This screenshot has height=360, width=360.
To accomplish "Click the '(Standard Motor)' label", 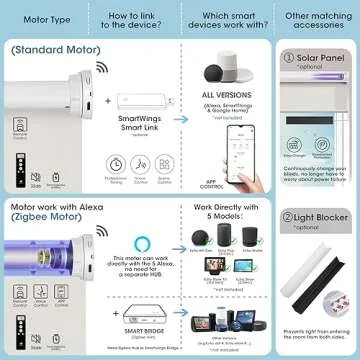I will pyautogui.click(x=48, y=48).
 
